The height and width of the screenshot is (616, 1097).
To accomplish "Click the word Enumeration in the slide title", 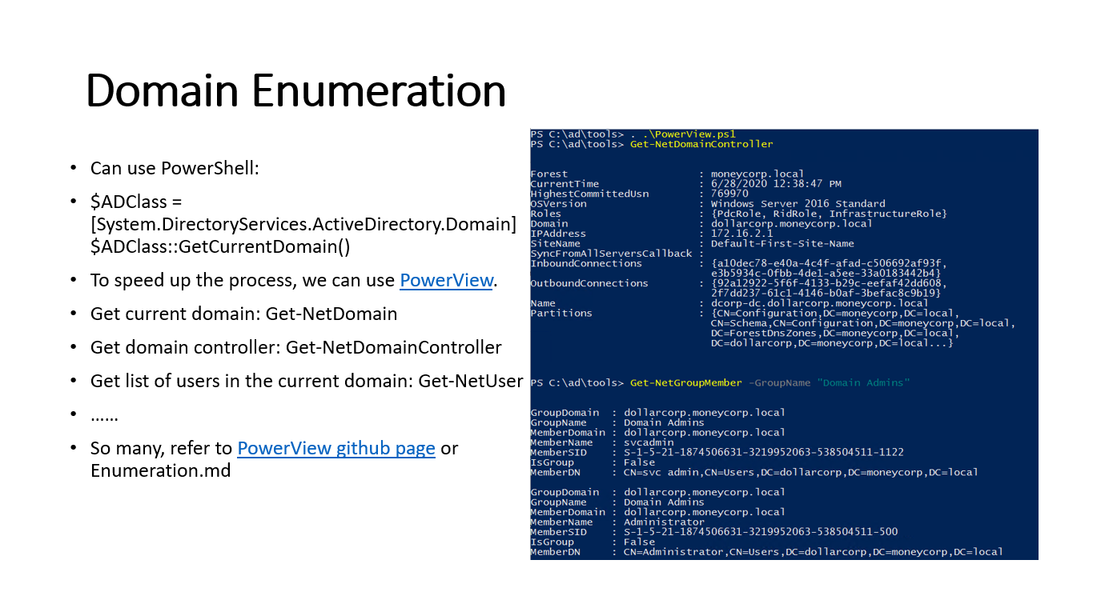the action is (379, 90).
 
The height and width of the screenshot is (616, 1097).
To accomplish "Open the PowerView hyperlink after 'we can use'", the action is (446, 280).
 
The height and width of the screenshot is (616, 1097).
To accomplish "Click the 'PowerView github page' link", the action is (336, 448).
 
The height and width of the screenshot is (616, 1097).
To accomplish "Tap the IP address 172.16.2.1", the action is (742, 234).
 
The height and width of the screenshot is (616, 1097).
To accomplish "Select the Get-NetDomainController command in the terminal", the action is (701, 144).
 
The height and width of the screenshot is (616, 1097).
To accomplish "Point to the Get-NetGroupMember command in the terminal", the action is (685, 382).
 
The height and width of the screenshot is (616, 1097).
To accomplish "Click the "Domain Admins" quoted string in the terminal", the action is (863, 382).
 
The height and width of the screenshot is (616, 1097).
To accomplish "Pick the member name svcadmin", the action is (649, 442).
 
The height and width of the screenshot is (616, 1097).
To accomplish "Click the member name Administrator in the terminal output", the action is (664, 522).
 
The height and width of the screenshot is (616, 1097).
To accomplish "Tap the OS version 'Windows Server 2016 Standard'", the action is (798, 203).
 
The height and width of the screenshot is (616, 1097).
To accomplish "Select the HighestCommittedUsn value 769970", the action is (729, 194).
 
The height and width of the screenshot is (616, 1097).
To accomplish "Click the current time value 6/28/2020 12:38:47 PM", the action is (776, 184).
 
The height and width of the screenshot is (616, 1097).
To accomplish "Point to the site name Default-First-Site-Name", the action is (782, 244).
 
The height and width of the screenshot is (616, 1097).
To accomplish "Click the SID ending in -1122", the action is (763, 452).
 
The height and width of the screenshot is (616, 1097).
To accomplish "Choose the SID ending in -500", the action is (761, 532).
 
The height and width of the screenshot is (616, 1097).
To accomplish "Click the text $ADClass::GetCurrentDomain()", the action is (220, 246).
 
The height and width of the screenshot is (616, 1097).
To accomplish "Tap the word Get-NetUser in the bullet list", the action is (471, 381).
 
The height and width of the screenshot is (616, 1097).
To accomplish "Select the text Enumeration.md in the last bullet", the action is (161, 470).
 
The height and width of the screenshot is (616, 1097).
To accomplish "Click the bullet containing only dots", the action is (104, 418).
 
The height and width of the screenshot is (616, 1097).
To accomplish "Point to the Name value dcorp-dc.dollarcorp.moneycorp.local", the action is (820, 303).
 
